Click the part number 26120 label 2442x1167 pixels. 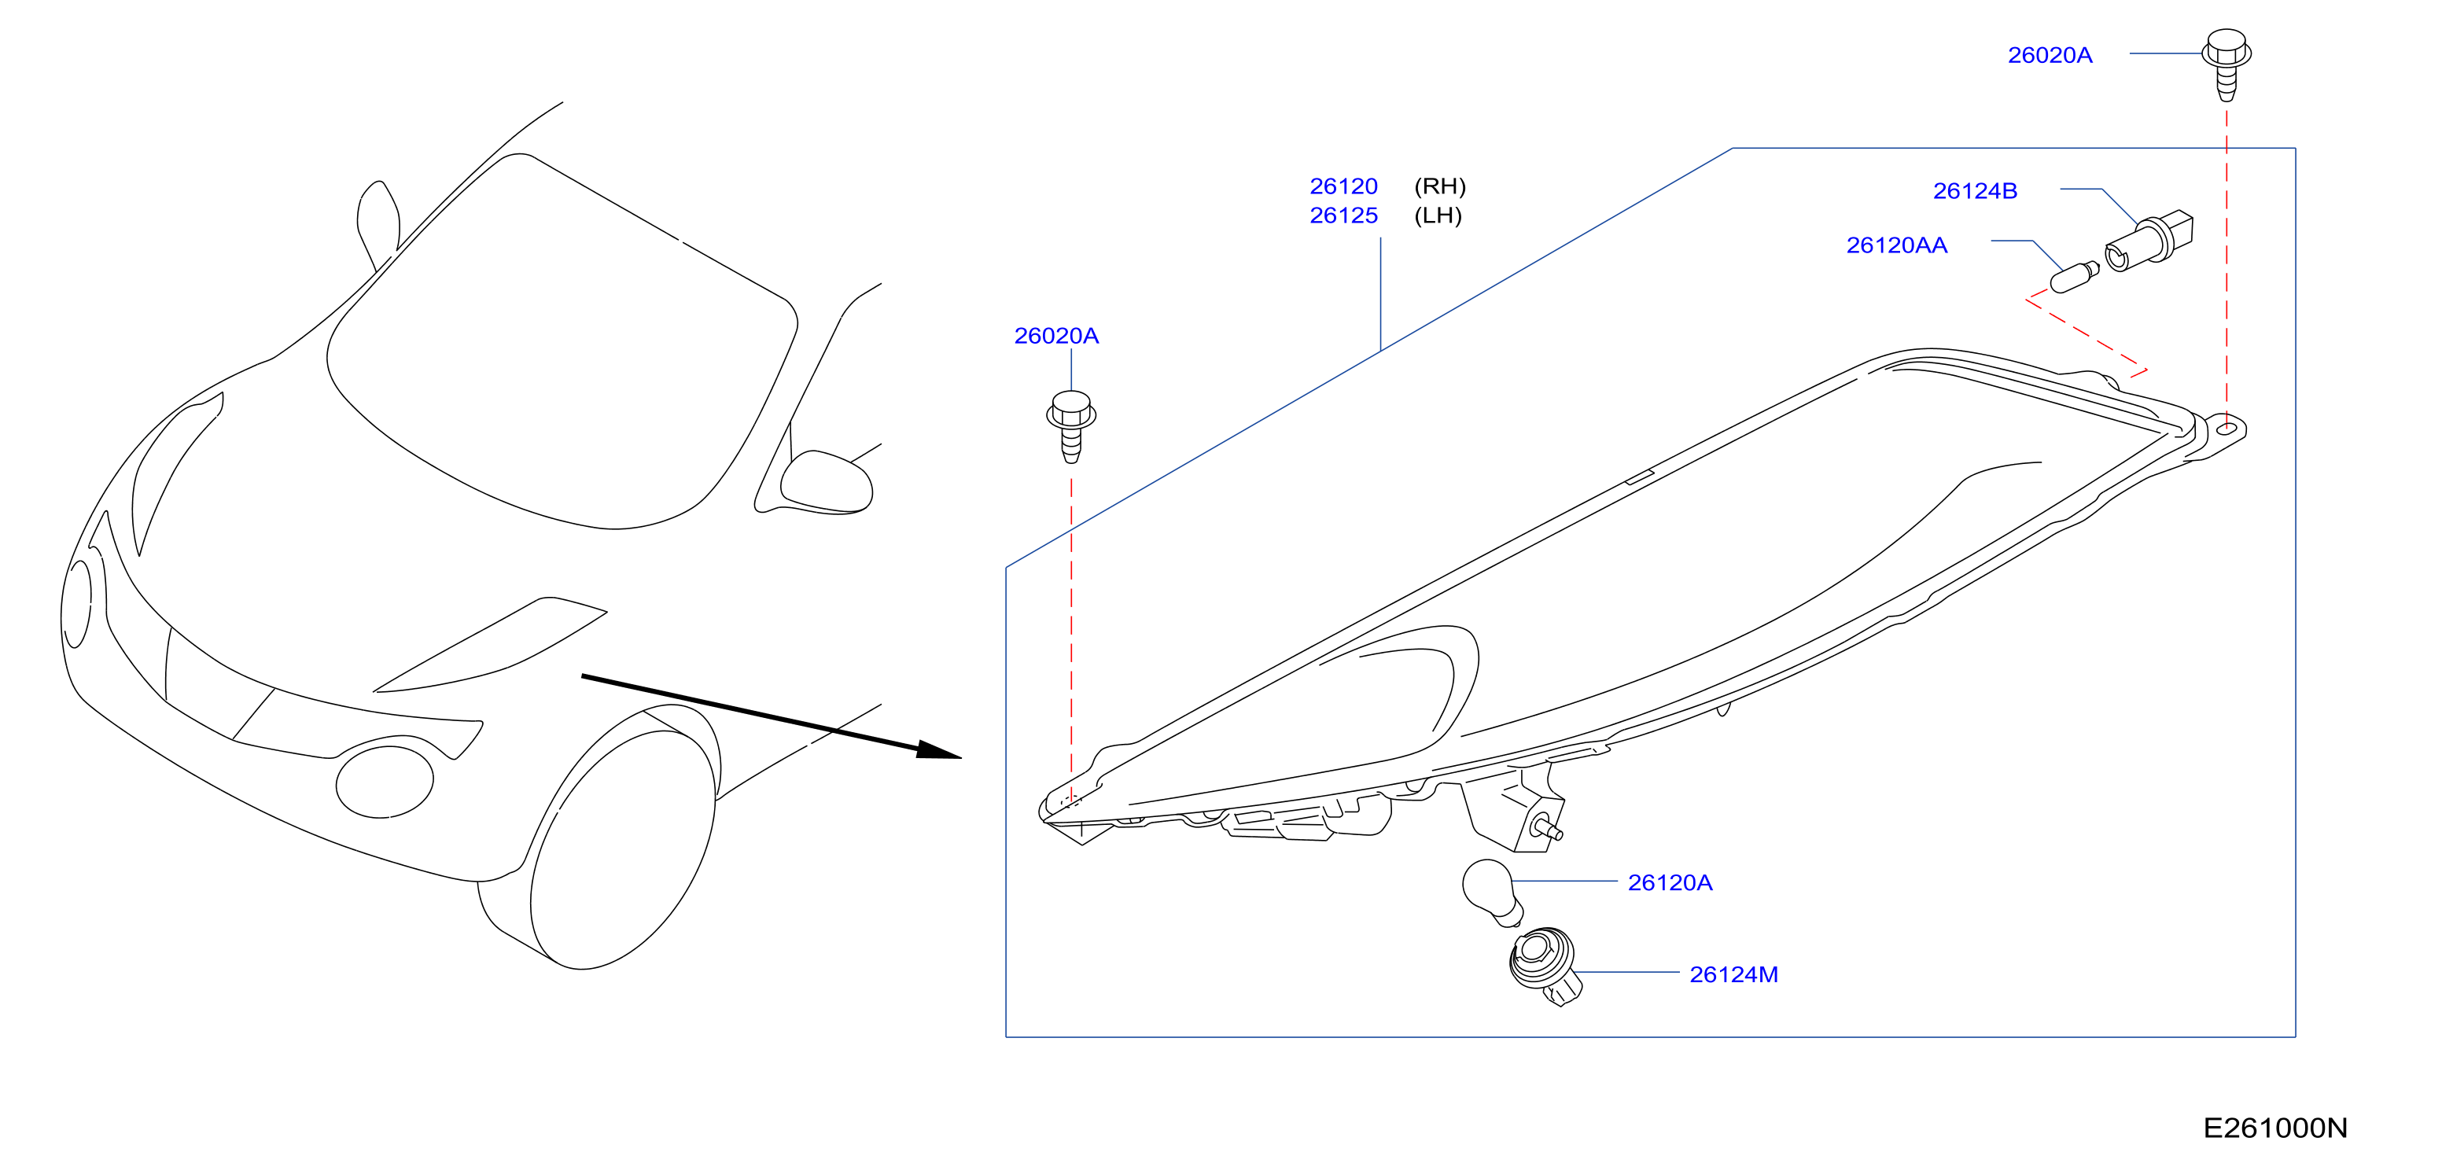[1343, 186]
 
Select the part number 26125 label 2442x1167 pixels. [1343, 216]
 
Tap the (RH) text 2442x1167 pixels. [1440, 186]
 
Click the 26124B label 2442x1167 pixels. [1975, 192]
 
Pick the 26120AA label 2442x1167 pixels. [1896, 245]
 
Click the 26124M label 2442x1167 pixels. [1733, 974]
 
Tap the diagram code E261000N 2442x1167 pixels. [2275, 1128]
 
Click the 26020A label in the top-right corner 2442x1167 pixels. [2050, 56]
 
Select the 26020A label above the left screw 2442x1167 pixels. [1056, 337]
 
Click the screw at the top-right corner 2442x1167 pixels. [2226, 64]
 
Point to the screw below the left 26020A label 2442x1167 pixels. [1071, 425]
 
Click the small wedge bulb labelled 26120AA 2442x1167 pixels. [2074, 278]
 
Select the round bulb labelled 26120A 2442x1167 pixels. [1492, 892]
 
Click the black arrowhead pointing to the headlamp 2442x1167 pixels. [938, 751]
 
